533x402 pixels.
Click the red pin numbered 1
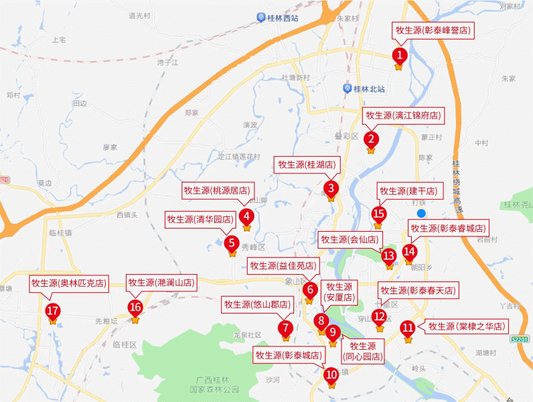(x=399, y=55)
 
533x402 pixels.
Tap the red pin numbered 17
(x=52, y=311)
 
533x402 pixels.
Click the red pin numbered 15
(x=379, y=214)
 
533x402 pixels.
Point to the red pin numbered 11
(x=408, y=328)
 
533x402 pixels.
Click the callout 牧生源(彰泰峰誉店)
(x=433, y=30)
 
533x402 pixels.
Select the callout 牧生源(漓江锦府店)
(x=403, y=115)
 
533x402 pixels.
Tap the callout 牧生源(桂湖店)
(x=307, y=164)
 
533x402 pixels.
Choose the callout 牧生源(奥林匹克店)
(x=69, y=283)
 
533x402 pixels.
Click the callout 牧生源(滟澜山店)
(x=161, y=283)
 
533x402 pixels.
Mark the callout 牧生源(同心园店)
(x=364, y=351)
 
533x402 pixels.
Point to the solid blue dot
(x=421, y=214)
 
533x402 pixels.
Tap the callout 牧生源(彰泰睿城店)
(x=449, y=228)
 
